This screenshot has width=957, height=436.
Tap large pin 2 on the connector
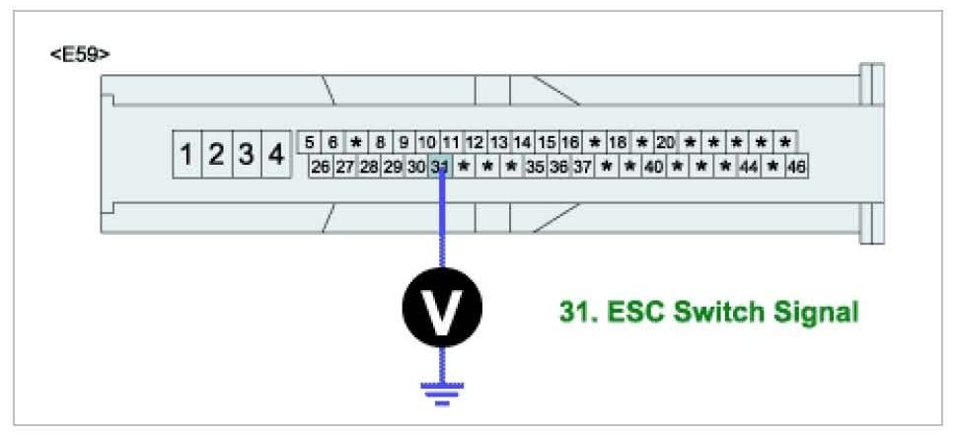coord(216,155)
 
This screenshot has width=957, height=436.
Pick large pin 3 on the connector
coord(247,155)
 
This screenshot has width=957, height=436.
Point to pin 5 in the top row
coord(310,143)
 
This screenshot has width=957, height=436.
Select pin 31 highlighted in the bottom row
coord(440,167)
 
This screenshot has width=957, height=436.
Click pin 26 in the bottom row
coord(320,167)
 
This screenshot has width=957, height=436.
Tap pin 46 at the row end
coord(796,167)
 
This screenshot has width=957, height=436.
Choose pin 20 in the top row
coord(665,143)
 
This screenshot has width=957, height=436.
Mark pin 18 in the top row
coord(618,143)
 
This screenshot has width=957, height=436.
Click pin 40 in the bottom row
coord(653,167)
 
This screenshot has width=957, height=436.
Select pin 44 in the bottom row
coord(749,167)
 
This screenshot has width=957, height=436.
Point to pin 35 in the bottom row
coord(535,167)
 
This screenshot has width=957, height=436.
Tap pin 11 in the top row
coord(451,143)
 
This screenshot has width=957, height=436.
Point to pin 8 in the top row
coord(380,143)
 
